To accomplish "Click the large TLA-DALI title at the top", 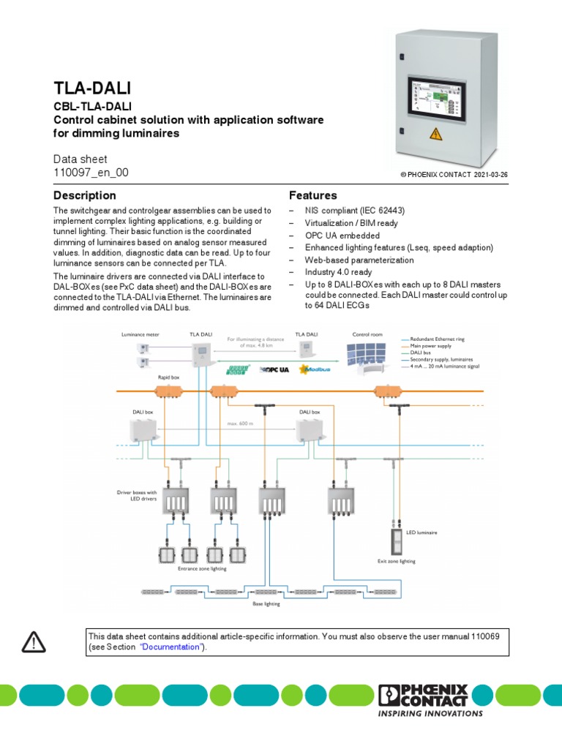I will pos(92,89).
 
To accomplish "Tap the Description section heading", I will pos(85,195).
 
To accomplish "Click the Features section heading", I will pos(312,195).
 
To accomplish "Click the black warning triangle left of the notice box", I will pos(34,642).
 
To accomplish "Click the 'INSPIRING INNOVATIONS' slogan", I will pos(430,714).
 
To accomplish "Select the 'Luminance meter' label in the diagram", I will pos(140,334).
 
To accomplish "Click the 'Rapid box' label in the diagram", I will pos(169,377).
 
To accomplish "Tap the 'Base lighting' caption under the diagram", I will pos(267,604).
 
